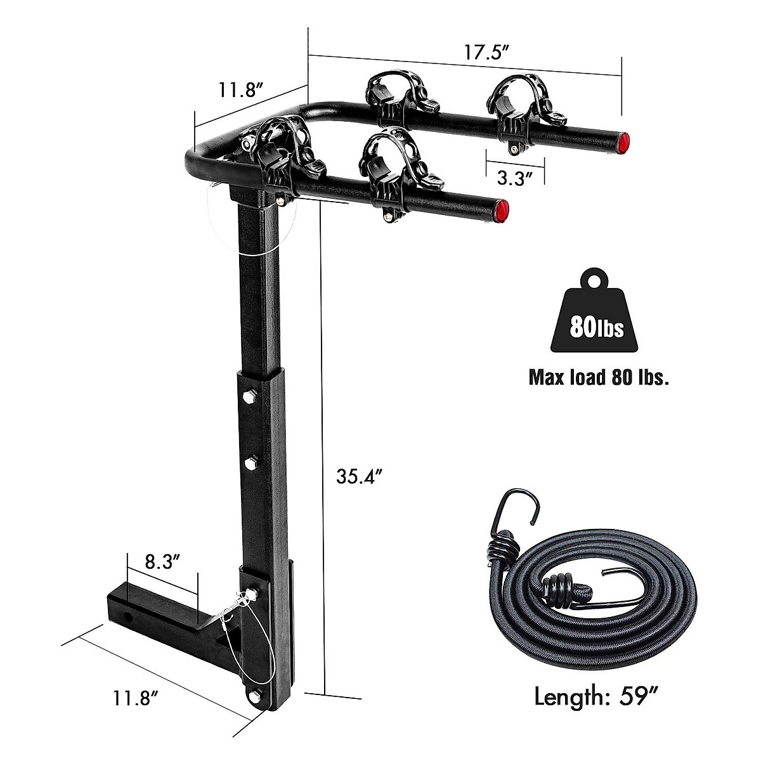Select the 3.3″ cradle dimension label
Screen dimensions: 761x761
click(514, 178)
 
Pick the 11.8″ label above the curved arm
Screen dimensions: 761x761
click(242, 89)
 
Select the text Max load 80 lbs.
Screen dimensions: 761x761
click(599, 379)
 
